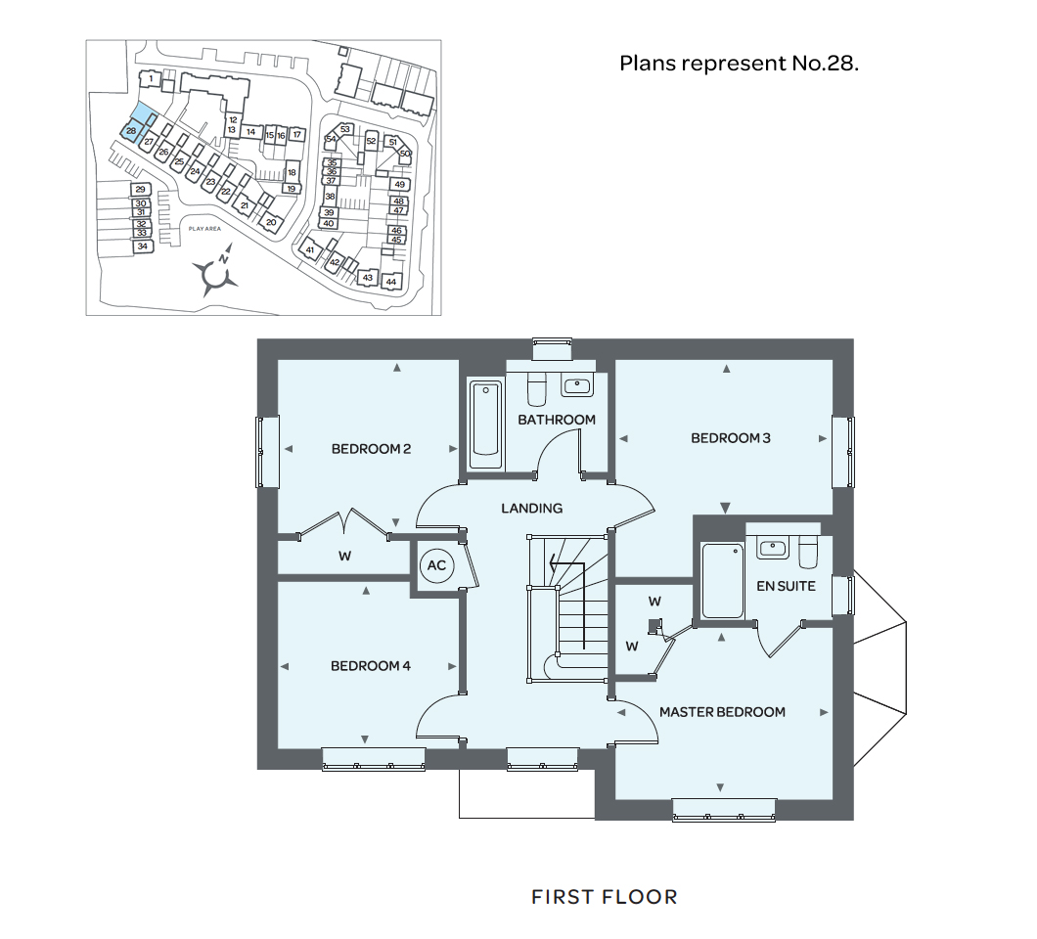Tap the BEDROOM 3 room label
point(731,438)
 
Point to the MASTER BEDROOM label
point(722,712)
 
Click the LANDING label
point(532,508)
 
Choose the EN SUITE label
point(786,586)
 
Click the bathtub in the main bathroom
point(485,425)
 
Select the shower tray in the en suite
point(723,580)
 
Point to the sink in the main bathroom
point(577,385)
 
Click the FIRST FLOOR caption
point(604,897)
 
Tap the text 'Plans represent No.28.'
point(739,64)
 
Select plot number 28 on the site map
point(131,131)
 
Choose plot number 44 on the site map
point(391,282)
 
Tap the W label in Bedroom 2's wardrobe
point(345,556)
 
